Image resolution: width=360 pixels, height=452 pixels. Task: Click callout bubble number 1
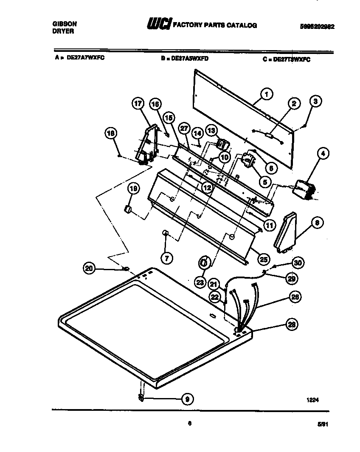266,94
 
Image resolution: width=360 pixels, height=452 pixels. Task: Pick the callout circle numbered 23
200,282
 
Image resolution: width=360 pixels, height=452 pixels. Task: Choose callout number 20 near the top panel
89,268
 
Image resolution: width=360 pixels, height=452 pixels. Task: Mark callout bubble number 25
264,259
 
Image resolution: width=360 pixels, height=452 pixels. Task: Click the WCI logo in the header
158,25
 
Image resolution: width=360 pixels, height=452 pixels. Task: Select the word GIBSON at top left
62,25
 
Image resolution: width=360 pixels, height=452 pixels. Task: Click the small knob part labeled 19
126,209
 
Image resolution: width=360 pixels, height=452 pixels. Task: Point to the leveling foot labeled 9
141,397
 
